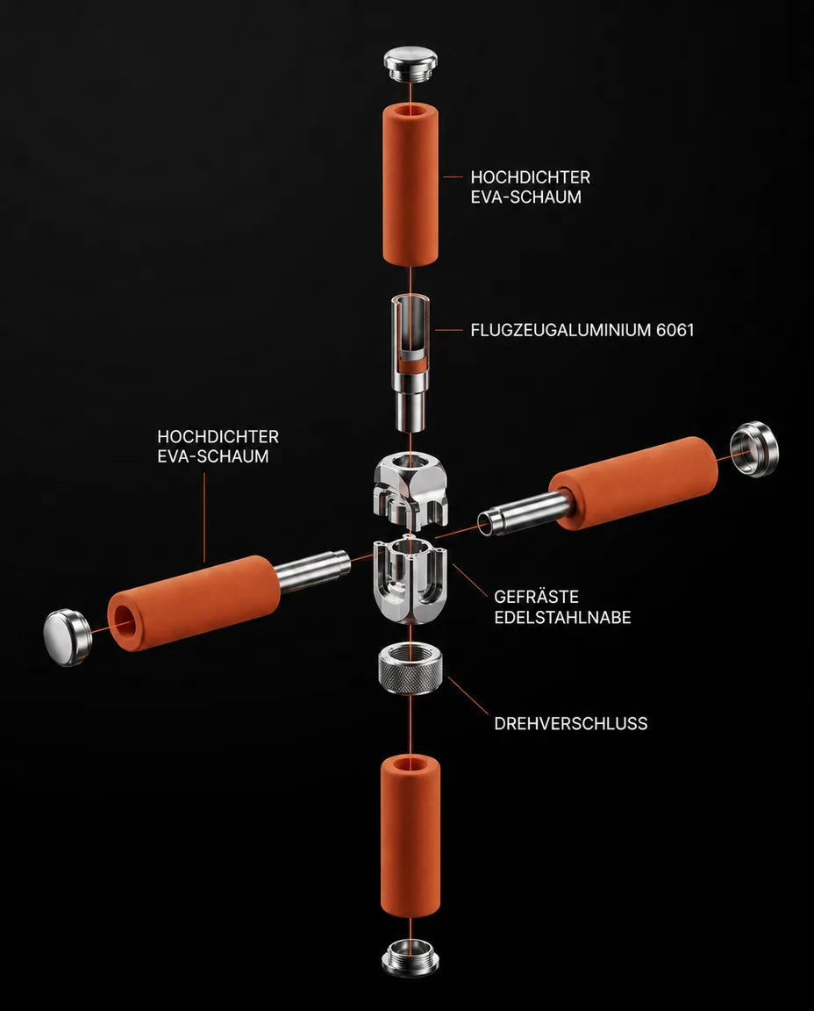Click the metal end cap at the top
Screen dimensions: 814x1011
click(411, 63)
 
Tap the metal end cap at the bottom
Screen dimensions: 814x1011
click(411, 957)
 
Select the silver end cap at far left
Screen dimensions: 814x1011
click(67, 637)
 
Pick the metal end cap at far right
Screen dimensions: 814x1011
click(754, 448)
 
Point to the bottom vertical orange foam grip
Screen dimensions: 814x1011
click(411, 835)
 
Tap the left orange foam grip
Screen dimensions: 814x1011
click(193, 603)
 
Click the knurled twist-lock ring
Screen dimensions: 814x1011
click(411, 668)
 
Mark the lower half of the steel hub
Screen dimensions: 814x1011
click(411, 579)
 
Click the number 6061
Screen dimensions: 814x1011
click(675, 330)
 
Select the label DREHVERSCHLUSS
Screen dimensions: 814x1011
click(571, 723)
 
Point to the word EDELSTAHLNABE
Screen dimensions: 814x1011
click(562, 617)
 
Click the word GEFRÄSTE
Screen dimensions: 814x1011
click(536, 597)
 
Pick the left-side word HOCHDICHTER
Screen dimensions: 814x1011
click(218, 436)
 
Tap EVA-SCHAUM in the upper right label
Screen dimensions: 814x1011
click(526, 197)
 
